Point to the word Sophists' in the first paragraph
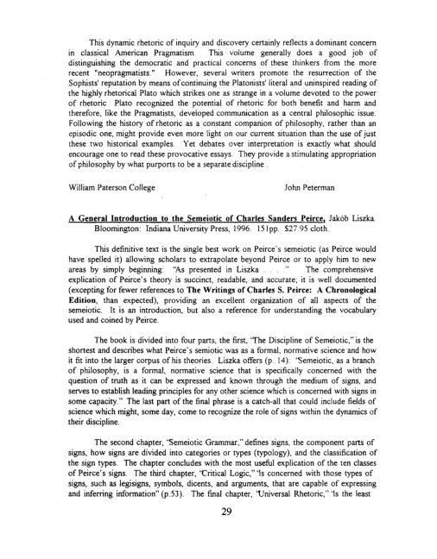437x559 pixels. pos(67,98)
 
